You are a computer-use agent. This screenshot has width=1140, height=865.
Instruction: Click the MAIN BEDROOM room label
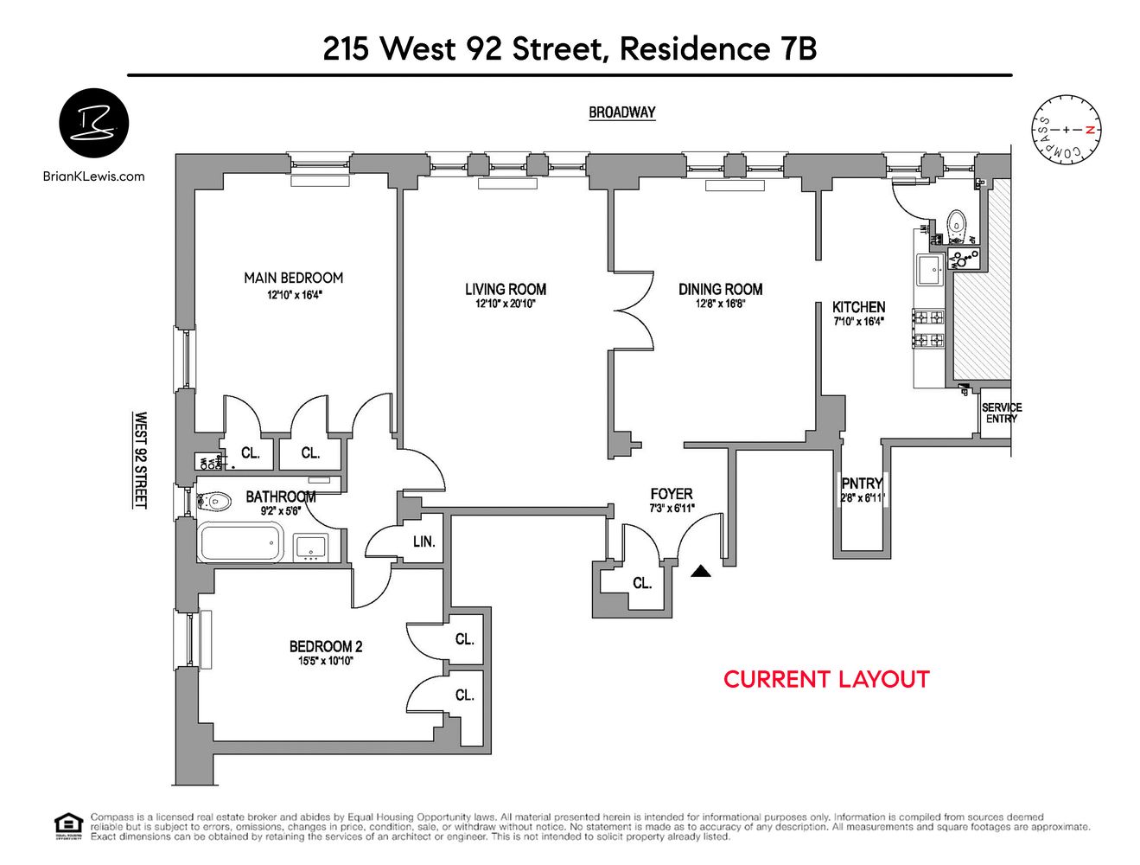coord(293,278)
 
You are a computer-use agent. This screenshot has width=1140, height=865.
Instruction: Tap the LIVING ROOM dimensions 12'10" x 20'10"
coord(506,304)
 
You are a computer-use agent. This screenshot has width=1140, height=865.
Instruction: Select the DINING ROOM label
coord(720,289)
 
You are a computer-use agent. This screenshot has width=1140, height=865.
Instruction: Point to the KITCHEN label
coord(858,307)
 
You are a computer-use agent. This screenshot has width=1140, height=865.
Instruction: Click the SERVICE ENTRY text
coord(1001,413)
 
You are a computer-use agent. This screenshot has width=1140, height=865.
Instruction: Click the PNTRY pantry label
coord(862,484)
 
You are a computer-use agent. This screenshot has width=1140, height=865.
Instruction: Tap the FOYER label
coord(672,494)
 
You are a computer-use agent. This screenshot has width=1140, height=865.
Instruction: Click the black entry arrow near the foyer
coord(701,571)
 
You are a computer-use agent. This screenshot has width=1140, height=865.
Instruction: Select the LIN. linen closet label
coord(424,541)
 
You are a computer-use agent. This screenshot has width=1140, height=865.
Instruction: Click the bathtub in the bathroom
coord(240,542)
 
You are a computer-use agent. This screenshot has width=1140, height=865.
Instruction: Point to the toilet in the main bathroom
coord(213,500)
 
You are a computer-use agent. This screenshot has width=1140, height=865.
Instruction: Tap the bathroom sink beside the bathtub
coord(311,547)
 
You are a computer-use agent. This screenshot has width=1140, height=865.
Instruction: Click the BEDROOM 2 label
coord(326,646)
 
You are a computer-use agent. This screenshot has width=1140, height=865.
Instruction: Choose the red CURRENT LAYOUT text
coord(825,679)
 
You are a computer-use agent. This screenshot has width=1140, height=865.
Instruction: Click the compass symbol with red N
coord(1067,130)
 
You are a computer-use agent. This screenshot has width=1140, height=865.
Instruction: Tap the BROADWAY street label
coord(621,112)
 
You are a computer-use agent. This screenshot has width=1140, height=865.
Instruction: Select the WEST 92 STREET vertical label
coord(140,459)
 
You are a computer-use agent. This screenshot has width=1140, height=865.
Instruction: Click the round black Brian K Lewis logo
coord(93,123)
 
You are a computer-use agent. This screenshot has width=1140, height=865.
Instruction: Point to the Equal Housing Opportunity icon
coord(68,826)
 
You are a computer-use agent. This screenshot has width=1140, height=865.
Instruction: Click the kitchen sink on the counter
coord(932,269)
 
